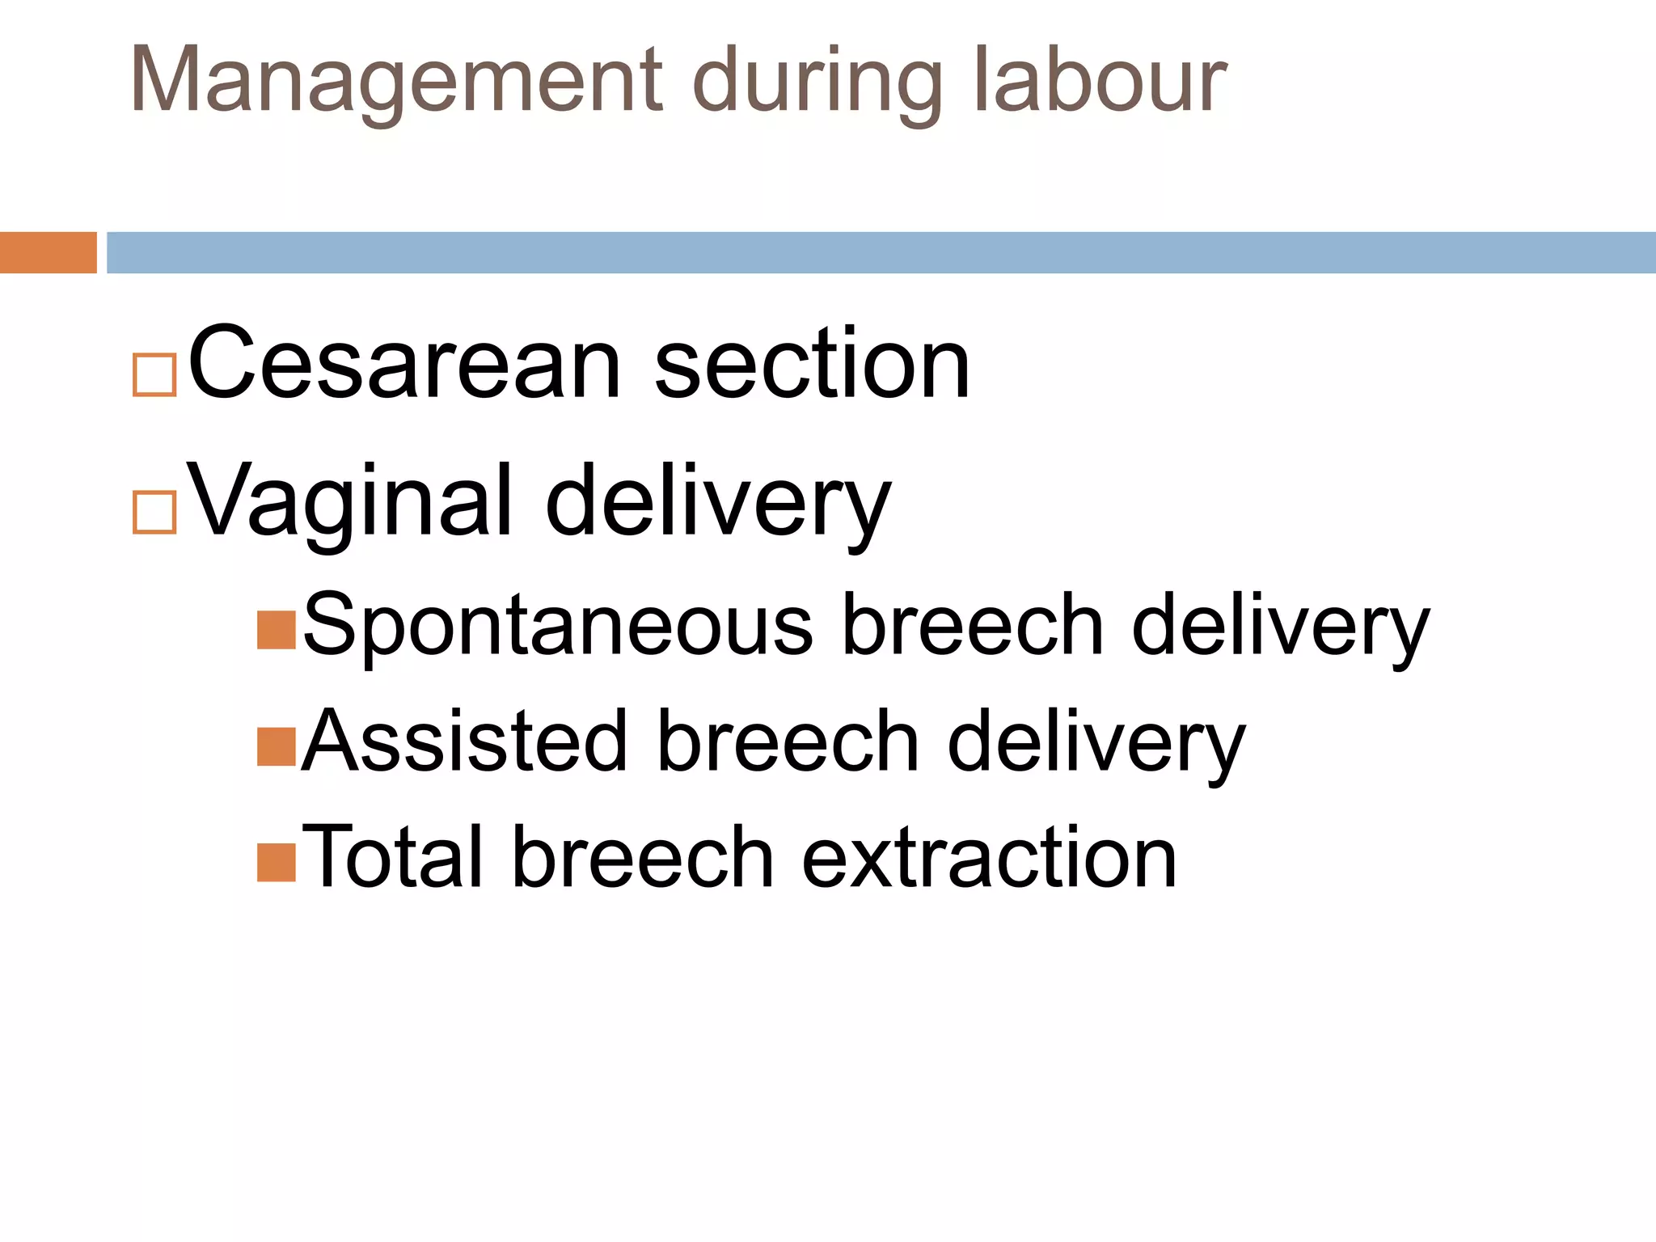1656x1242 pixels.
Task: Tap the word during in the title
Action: click(817, 81)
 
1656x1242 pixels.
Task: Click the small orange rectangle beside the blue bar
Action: click(48, 252)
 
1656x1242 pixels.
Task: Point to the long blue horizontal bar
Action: click(881, 252)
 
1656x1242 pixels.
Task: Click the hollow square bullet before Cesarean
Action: click(154, 374)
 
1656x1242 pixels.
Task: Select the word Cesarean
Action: click(404, 364)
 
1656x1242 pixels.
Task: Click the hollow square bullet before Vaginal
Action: click(154, 512)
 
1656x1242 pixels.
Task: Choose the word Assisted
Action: click(464, 742)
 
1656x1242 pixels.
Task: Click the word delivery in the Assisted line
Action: click(1096, 742)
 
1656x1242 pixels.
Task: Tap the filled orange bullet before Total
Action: click(276, 863)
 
